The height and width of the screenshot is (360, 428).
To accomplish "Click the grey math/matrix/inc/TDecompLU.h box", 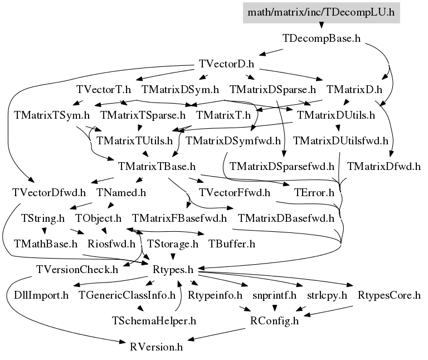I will [x=322, y=12].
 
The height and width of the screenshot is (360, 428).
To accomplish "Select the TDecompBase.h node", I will [x=322, y=38].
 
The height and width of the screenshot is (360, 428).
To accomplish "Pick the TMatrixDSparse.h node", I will [x=273, y=89].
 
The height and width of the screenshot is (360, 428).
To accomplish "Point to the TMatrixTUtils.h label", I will [x=134, y=140].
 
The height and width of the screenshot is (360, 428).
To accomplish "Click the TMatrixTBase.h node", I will [x=157, y=166].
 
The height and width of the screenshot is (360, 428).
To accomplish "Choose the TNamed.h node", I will [x=121, y=193].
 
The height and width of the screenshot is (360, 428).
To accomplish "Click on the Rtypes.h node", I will [x=173, y=270].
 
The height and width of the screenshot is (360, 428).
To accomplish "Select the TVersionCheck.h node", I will [x=77, y=270].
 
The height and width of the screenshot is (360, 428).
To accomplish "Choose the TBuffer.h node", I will [x=231, y=244].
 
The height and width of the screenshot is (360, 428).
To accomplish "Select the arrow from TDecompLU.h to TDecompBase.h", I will [x=322, y=25].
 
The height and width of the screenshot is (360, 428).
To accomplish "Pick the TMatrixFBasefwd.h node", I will [x=179, y=218].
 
